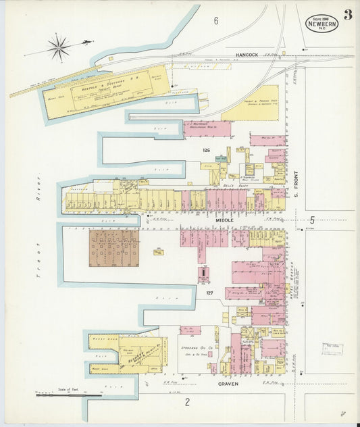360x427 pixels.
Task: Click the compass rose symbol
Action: pos(59,47)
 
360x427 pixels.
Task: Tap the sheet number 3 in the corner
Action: pos(347,15)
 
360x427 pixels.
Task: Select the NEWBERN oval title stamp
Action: pos(322,23)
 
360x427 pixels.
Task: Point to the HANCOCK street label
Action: pos(248,54)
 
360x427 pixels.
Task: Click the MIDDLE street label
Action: pos(225,220)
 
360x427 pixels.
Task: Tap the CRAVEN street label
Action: pos(229,384)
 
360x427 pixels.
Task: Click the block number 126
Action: pos(207,150)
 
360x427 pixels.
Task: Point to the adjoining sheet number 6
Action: pos(216,21)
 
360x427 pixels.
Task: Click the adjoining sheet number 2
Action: pos(188,403)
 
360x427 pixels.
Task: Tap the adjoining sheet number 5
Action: pos(312,220)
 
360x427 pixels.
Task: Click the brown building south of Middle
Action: pos(114,247)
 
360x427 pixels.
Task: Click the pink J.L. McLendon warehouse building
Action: pos(207,128)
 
